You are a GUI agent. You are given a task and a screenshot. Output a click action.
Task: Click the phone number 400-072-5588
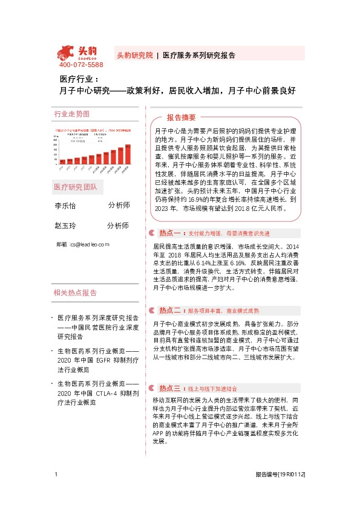point(81,65)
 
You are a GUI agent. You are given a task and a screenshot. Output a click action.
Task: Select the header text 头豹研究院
point(134,55)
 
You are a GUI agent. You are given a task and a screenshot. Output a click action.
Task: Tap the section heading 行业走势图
point(71,114)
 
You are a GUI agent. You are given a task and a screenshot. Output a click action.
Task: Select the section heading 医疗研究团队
point(76,186)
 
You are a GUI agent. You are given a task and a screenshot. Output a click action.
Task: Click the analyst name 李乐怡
point(65,206)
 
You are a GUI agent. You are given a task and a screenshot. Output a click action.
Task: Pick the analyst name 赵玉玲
point(65,225)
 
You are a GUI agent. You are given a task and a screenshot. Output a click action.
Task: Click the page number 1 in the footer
point(56,493)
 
